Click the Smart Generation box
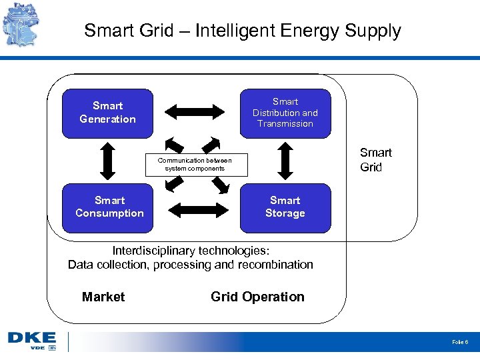[x=107, y=113]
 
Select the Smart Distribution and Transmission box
[x=285, y=113]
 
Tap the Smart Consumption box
[x=109, y=207]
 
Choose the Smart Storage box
[x=285, y=207]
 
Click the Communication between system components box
[x=195, y=165]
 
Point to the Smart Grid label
[x=375, y=160]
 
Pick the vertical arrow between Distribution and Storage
[x=285, y=161]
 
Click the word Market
[x=103, y=297]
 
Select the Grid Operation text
[x=257, y=297]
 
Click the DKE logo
[x=32, y=341]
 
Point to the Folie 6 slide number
[x=460, y=342]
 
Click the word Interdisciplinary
[x=154, y=251]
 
